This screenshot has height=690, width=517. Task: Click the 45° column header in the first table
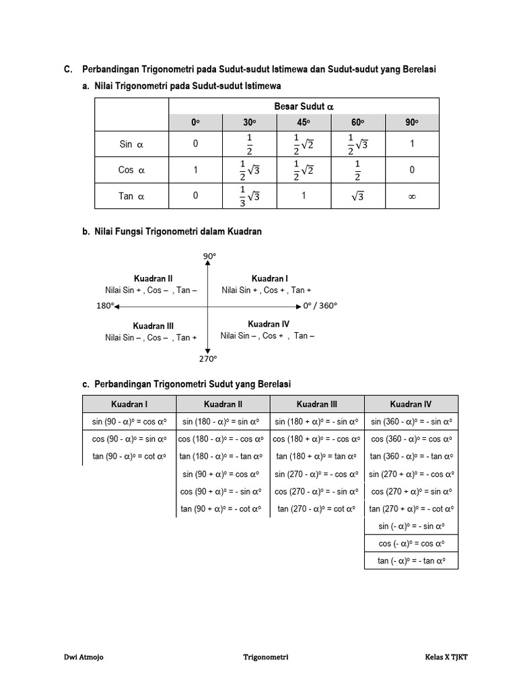(304, 123)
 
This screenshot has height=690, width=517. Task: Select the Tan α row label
(131, 197)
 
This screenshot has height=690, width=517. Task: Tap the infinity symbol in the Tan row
(412, 197)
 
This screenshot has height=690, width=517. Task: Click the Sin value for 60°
(357, 144)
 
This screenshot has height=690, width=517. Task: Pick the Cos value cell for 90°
(412, 170)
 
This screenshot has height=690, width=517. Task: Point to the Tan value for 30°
(249, 197)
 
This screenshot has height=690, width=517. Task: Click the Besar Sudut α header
(304, 106)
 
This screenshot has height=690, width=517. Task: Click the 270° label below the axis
(208, 359)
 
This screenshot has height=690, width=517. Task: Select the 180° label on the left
(104, 306)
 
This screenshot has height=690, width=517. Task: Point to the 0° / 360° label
(319, 306)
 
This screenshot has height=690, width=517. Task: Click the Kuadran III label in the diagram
(153, 325)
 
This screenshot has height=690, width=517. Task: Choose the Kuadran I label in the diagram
(269, 278)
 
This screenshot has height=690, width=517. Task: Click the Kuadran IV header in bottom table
(411, 404)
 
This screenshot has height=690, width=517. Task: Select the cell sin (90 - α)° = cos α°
(129, 422)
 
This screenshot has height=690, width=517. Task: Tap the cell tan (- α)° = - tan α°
(411, 560)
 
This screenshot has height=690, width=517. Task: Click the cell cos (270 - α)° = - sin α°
(316, 491)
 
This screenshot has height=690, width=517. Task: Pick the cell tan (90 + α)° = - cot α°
(223, 509)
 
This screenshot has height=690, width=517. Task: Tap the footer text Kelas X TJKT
(446, 657)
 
